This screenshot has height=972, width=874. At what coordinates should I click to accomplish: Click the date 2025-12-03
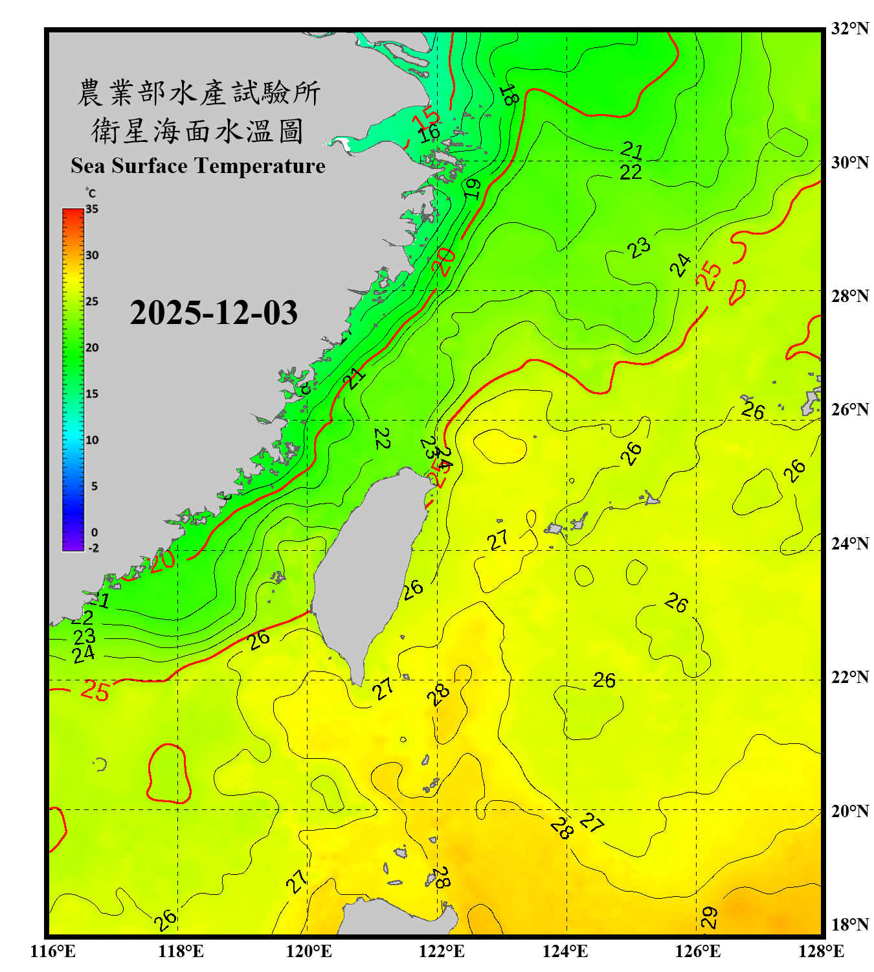[214, 313]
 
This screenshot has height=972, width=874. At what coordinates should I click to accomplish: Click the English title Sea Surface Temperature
[198, 166]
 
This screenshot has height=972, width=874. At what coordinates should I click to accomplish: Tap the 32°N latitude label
[849, 29]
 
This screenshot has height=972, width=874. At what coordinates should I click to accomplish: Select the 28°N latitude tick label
[849, 296]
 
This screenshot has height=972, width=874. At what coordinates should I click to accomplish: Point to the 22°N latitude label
[849, 677]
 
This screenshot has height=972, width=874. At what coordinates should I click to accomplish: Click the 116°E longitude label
[53, 951]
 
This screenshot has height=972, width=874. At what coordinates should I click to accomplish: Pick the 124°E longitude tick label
[565, 951]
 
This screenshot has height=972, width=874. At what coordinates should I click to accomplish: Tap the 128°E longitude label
[821, 951]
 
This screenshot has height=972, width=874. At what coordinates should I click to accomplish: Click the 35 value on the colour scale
[92, 209]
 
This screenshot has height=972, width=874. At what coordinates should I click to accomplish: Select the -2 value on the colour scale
[93, 548]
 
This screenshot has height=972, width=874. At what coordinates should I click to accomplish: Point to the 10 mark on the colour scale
[92, 440]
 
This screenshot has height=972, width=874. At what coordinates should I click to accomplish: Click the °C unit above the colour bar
[91, 193]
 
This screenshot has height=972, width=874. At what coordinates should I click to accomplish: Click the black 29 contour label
[710, 917]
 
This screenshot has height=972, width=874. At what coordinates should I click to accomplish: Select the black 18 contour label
[509, 95]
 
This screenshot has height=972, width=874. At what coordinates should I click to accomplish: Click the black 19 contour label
[472, 189]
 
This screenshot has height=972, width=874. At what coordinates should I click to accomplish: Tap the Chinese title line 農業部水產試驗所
[198, 93]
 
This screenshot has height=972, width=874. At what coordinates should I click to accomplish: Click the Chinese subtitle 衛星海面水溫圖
[197, 131]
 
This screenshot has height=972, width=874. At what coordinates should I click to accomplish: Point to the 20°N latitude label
[849, 811]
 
